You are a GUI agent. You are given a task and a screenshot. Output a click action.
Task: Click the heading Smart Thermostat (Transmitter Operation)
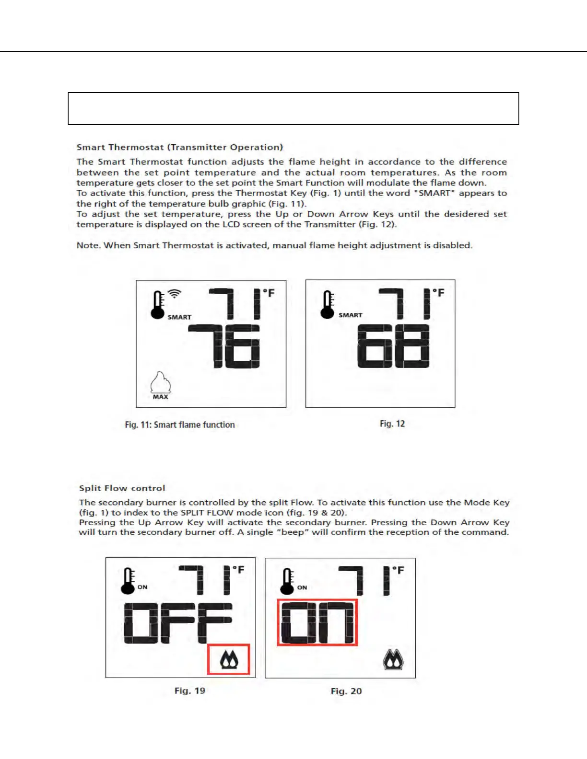point(180,147)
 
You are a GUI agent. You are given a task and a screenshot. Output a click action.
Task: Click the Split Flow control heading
point(122,488)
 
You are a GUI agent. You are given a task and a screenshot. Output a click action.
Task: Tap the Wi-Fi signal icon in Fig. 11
point(175,293)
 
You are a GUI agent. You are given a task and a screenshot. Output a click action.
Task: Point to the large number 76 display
point(224,346)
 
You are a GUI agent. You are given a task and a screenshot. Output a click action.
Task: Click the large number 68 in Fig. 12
point(393,346)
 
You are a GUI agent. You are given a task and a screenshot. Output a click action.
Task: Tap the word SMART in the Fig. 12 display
point(351,315)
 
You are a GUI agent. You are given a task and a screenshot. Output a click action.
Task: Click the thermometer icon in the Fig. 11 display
point(158,305)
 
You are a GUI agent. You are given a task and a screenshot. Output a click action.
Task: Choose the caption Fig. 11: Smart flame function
point(180,425)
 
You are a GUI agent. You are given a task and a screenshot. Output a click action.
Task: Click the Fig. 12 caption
point(392,424)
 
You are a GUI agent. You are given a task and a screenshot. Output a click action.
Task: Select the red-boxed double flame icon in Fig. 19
point(229,660)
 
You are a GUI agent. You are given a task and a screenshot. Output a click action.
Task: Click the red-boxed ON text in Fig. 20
point(317,622)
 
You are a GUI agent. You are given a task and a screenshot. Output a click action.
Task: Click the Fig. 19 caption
point(190,690)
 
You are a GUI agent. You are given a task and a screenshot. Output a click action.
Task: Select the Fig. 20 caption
point(346,691)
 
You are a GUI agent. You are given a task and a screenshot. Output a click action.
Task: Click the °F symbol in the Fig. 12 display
point(438,292)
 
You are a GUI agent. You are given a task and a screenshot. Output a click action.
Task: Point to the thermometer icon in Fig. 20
point(287,581)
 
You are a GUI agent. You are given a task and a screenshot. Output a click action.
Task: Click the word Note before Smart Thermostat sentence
point(88,245)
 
